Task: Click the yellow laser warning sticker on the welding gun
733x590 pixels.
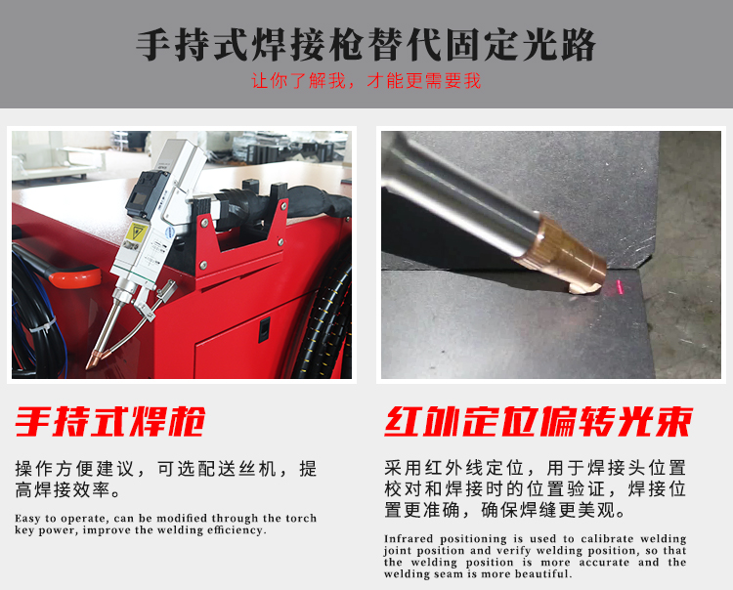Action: pyautogui.click(x=137, y=232)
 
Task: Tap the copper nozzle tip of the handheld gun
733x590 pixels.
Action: pyautogui.click(x=92, y=359)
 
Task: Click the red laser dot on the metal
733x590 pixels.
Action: pyautogui.click(x=620, y=287)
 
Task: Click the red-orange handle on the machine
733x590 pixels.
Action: pyautogui.click(x=75, y=275)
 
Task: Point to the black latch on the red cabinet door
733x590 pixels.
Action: pyautogui.click(x=264, y=329)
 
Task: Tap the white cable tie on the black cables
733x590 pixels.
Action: pyautogui.click(x=43, y=325)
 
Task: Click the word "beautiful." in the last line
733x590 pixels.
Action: pyautogui.click(x=543, y=573)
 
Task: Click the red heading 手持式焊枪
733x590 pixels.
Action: pyautogui.click(x=109, y=422)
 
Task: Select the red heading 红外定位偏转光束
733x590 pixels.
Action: pyautogui.click(x=539, y=422)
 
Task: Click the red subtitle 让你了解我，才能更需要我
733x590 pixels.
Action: pyautogui.click(x=366, y=81)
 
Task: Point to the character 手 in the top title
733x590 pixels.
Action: pyautogui.click(x=153, y=45)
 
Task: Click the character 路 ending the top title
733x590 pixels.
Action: pyautogui.click(x=578, y=45)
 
